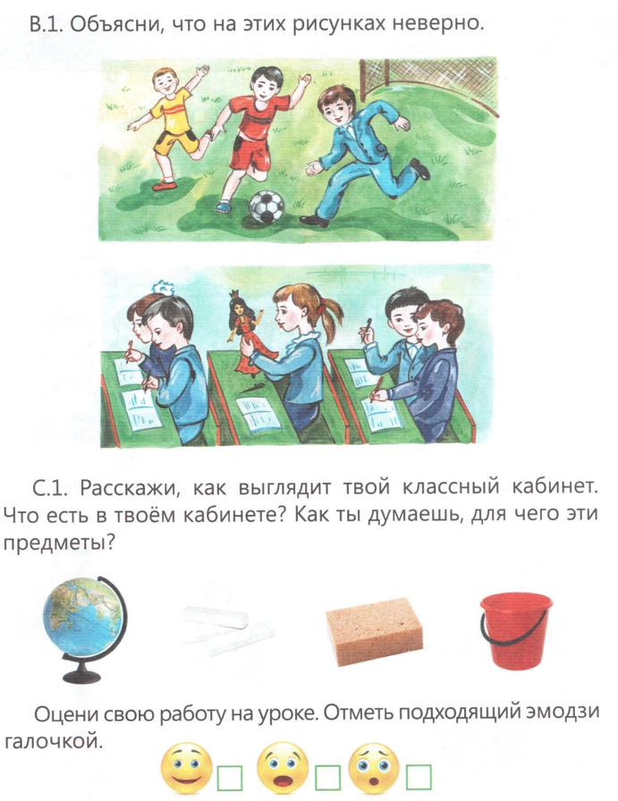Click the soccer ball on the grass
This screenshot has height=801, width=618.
click(266, 207)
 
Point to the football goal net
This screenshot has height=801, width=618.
click(428, 84)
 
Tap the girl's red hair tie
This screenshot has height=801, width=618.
click(320, 309)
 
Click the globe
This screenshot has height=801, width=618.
click(85, 629)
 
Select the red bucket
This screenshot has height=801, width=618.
click(515, 630)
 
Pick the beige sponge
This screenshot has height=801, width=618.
click(375, 631)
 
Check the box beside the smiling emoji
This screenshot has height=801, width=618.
click(230, 778)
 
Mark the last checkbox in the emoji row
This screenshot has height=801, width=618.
click(419, 777)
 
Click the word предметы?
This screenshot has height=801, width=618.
click(58, 544)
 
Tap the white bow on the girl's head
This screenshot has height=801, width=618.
click(163, 287)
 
